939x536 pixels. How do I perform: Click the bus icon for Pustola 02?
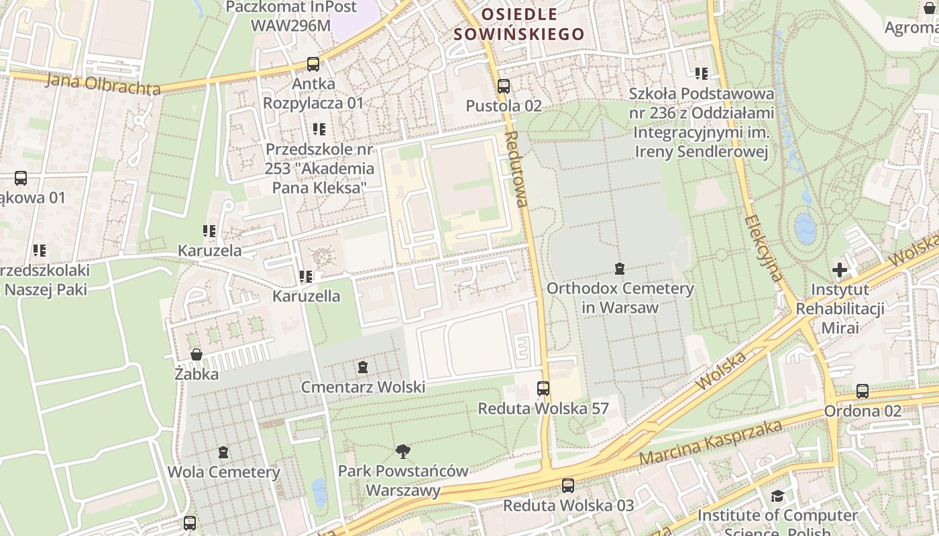click(x=504, y=86)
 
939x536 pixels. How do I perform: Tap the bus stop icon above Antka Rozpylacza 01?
click(x=313, y=64)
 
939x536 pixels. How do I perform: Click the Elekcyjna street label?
click(x=764, y=247)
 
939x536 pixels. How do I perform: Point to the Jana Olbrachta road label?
click(x=103, y=84)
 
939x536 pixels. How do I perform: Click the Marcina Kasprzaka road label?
click(x=711, y=444)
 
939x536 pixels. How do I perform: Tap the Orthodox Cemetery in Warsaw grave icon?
click(x=620, y=269)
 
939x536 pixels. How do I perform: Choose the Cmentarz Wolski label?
click(x=363, y=387)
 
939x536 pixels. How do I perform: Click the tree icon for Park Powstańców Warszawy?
click(x=403, y=451)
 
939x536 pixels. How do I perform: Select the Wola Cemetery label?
click(x=223, y=472)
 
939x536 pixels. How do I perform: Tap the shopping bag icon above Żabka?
click(x=197, y=354)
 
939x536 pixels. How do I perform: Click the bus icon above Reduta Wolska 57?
click(x=543, y=389)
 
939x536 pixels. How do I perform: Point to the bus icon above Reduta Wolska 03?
click(x=568, y=486)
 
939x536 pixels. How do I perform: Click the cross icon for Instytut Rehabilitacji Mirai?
click(x=840, y=270)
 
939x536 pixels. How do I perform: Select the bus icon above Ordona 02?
click(x=863, y=391)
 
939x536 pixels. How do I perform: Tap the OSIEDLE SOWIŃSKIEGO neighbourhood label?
click(x=519, y=24)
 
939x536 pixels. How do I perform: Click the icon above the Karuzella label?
click(x=306, y=276)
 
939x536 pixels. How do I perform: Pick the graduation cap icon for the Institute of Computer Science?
click(x=777, y=496)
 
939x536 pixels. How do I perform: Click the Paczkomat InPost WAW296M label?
click(x=291, y=16)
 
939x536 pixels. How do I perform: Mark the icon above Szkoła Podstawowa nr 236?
click(x=702, y=74)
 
